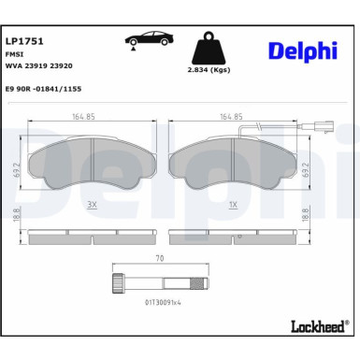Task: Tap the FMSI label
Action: pos(14,56)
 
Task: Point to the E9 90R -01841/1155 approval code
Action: pos(45,91)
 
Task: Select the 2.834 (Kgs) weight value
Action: pos(210,69)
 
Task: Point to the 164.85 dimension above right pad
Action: pos(231,117)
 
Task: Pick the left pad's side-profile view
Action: pos(92,236)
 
